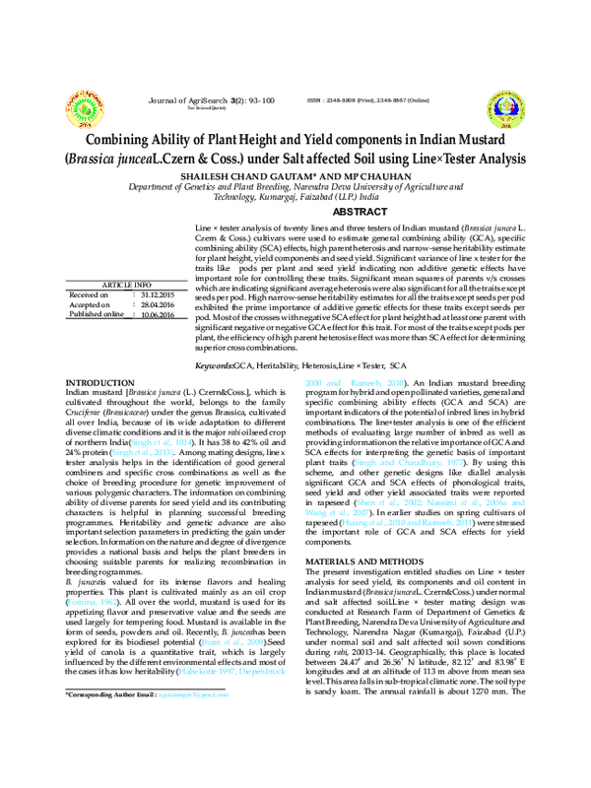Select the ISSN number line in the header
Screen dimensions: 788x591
click(x=367, y=100)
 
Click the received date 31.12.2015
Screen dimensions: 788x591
click(x=157, y=295)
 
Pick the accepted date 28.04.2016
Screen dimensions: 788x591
click(x=157, y=305)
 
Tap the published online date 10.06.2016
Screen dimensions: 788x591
click(x=157, y=315)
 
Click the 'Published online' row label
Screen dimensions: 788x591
click(x=97, y=315)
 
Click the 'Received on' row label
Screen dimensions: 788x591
click(x=89, y=295)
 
